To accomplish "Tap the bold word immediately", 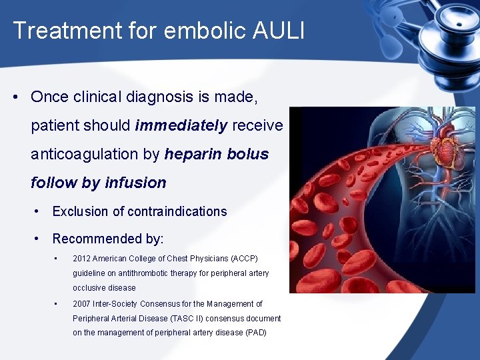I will pos(181,125).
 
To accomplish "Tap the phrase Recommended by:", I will pos(108,239).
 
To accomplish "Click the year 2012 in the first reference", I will pos(81,259).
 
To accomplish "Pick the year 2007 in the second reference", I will pos(81,304).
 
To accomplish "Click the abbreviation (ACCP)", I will pos(242,259).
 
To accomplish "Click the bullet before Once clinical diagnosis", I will pos(15,97).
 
